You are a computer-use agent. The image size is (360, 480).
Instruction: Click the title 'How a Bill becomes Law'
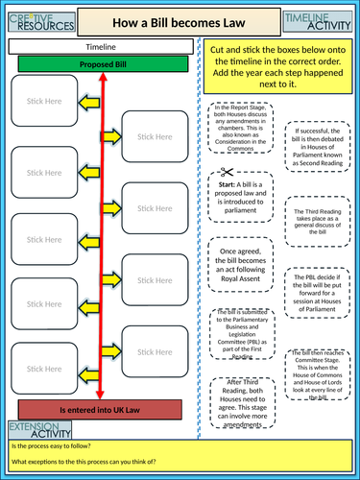point(180,19)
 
